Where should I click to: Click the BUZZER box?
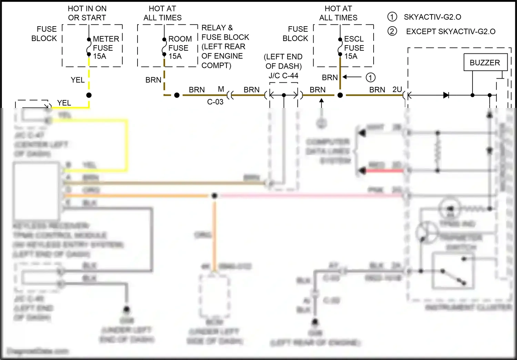(x=485, y=62)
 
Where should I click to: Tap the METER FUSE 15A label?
(x=105, y=48)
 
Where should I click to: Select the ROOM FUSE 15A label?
(x=180, y=48)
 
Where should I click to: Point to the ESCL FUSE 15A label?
(x=354, y=48)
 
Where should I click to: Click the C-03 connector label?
(x=215, y=102)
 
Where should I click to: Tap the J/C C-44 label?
(x=283, y=76)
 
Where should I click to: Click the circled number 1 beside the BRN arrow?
(x=371, y=78)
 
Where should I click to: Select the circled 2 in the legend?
(x=392, y=31)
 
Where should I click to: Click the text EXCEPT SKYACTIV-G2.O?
(x=450, y=31)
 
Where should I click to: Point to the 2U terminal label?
(x=397, y=90)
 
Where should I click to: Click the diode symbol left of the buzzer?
(x=446, y=95)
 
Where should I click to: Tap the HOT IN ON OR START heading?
(x=87, y=13)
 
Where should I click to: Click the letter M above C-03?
(x=221, y=89)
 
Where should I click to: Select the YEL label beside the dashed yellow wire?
(x=78, y=80)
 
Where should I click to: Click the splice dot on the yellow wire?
(x=89, y=95)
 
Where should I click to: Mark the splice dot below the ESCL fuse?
(x=340, y=95)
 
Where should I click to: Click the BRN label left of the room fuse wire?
(x=153, y=80)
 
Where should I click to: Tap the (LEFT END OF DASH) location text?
(x=283, y=61)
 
